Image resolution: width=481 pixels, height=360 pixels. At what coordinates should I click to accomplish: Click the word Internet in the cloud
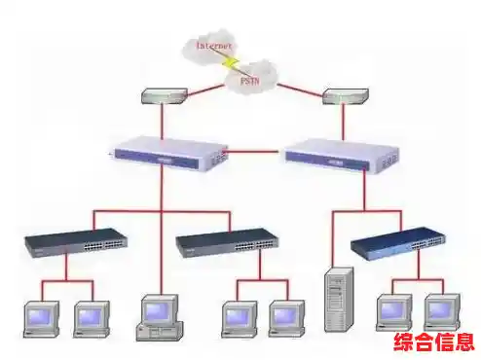213,45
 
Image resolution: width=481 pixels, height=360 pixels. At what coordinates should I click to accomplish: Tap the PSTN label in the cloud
251,82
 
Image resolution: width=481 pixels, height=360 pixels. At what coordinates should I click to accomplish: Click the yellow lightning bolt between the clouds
231,61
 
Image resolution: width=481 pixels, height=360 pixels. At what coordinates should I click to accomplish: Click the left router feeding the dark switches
167,152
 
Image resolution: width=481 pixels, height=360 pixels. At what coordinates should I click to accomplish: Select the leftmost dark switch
77,241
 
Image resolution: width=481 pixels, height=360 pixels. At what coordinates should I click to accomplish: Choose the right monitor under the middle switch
287,316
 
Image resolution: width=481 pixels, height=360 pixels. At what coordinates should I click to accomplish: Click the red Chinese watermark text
432,342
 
